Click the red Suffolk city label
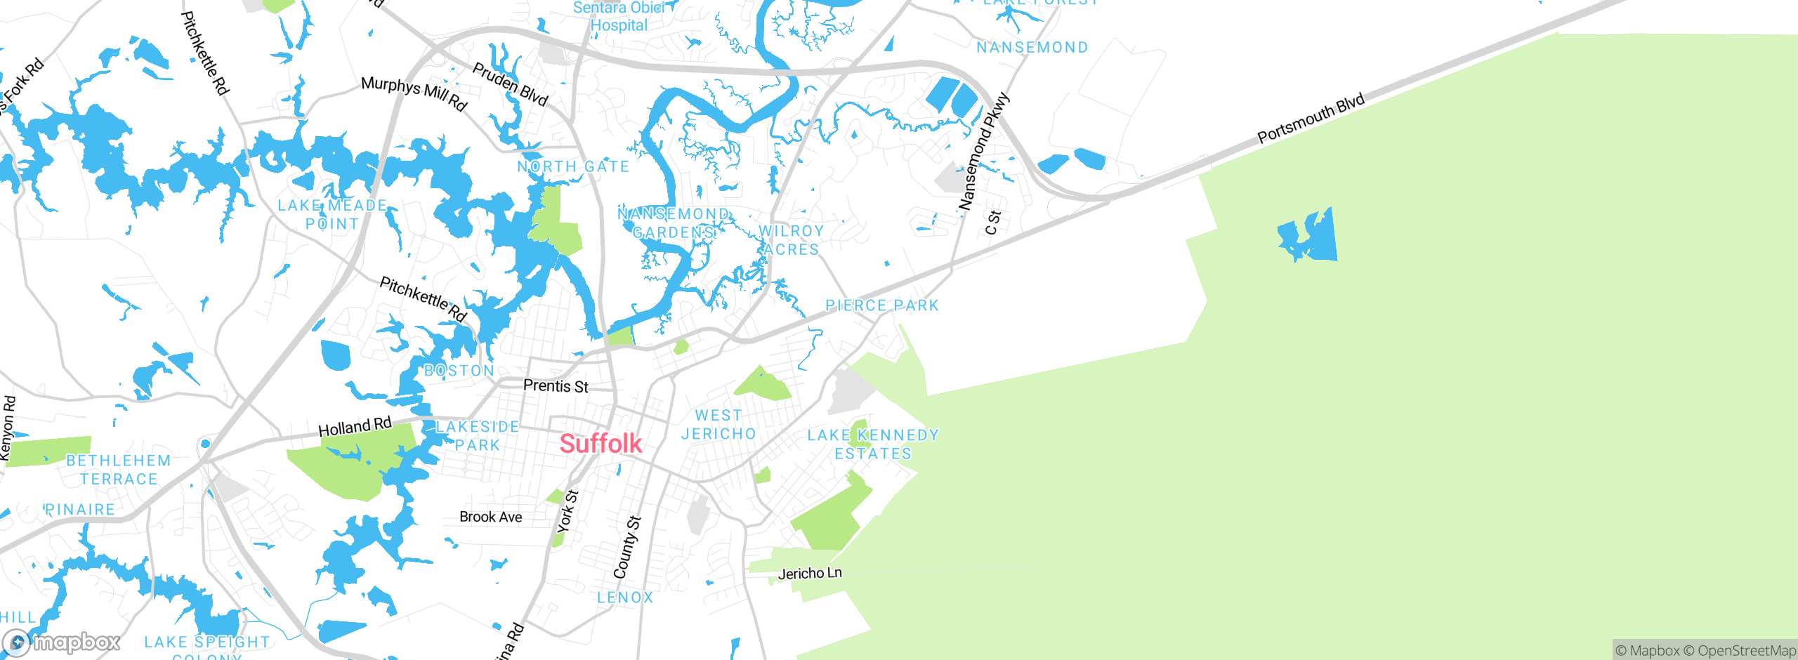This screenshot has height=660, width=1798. [601, 444]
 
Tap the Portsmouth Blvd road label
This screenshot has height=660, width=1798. [1311, 118]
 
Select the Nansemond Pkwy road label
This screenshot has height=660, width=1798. [984, 152]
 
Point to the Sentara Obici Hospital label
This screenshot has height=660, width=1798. [619, 17]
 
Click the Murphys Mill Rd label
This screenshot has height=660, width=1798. [414, 93]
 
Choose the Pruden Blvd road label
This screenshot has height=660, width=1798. [510, 84]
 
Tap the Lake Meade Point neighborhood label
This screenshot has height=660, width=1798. [332, 215]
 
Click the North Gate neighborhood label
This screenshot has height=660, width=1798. [573, 167]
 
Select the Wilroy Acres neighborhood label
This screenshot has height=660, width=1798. [791, 240]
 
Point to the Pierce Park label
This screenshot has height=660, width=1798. [882, 305]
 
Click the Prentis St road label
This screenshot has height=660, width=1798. [556, 386]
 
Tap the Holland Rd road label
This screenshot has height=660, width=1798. [355, 427]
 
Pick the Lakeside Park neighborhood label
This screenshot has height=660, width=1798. [478, 436]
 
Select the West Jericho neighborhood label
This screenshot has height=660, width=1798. [718, 425]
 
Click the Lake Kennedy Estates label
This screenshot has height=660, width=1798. [873, 444]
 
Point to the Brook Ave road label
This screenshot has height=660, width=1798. [491, 517]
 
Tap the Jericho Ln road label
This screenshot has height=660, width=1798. [810, 574]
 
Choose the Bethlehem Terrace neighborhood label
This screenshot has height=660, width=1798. [119, 470]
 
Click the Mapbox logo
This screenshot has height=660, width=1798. [62, 642]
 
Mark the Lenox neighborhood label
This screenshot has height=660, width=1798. [625, 598]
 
